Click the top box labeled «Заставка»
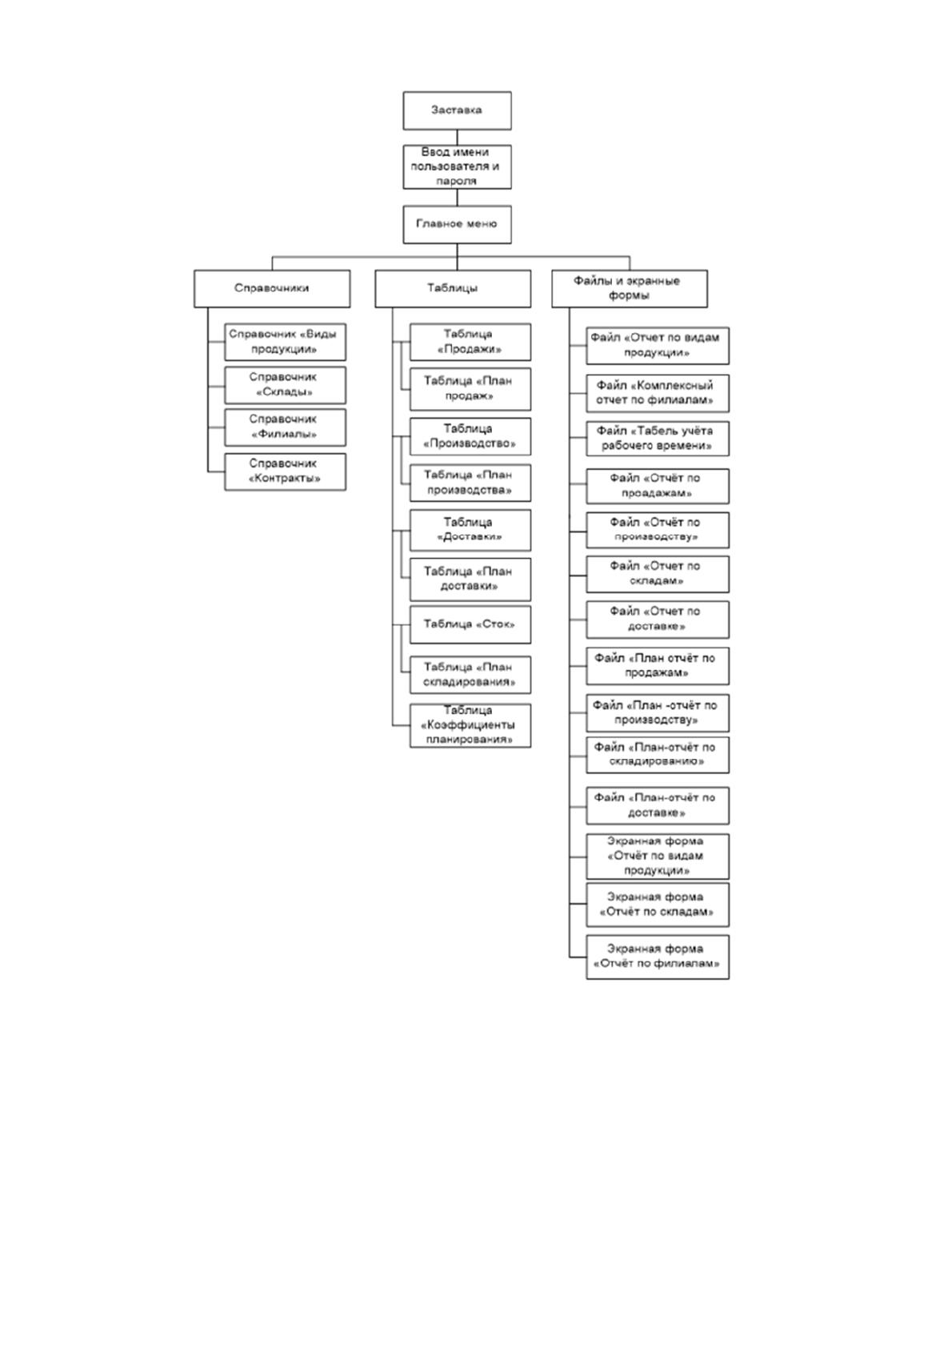[457, 110]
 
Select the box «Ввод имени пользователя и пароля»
[457, 166]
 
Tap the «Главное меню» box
[457, 224]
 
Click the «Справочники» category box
[272, 289]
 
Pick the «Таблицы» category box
[453, 289]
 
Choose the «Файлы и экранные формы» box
[630, 289]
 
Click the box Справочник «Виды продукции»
[285, 343]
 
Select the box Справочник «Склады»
[285, 385]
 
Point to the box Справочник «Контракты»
[285, 471]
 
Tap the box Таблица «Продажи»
[470, 343]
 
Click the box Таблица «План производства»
[470, 483]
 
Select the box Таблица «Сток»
[470, 624]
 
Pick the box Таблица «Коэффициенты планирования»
[470, 726]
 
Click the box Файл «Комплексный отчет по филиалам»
[658, 394]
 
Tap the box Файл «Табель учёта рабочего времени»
[658, 439]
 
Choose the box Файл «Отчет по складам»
[658, 574]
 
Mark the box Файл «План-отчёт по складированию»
[658, 755]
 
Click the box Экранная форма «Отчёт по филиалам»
[658, 957]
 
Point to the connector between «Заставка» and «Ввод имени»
[457, 137]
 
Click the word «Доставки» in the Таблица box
[470, 537]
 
